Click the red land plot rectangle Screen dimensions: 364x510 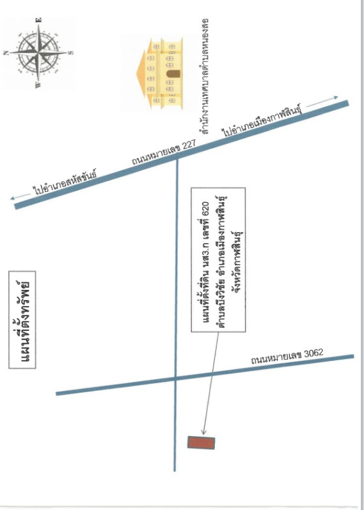[201, 442]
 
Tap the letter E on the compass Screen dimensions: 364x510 [39, 20]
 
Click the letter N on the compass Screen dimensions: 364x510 [6, 53]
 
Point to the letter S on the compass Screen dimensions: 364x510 [71, 52]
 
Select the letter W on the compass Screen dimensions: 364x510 [38, 85]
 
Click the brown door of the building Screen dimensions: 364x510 [171, 74]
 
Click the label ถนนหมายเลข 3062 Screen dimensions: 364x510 [288, 356]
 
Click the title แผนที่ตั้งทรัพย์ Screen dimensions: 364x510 [22, 320]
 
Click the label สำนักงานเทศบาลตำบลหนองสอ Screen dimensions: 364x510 [204, 76]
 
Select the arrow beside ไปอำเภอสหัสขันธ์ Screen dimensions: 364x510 [20, 196]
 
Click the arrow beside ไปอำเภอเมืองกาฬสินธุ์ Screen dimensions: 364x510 [322, 101]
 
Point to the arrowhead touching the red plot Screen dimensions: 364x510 [203, 432]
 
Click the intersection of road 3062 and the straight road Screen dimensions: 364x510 [175, 378]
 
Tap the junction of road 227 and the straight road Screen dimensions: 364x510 [177, 159]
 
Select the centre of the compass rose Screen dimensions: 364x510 [38, 52]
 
